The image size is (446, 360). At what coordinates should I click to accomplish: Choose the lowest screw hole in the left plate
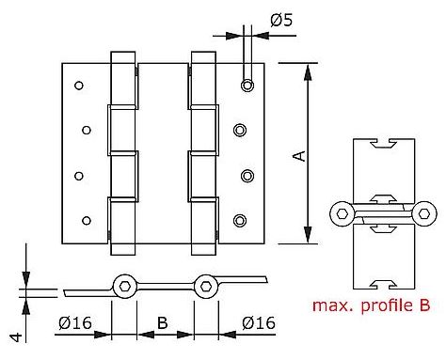[x=86, y=221]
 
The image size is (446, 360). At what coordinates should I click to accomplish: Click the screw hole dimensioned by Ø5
[x=247, y=86]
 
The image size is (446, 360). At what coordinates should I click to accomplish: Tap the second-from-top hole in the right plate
[x=240, y=130]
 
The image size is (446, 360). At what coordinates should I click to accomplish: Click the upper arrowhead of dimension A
[x=306, y=69]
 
